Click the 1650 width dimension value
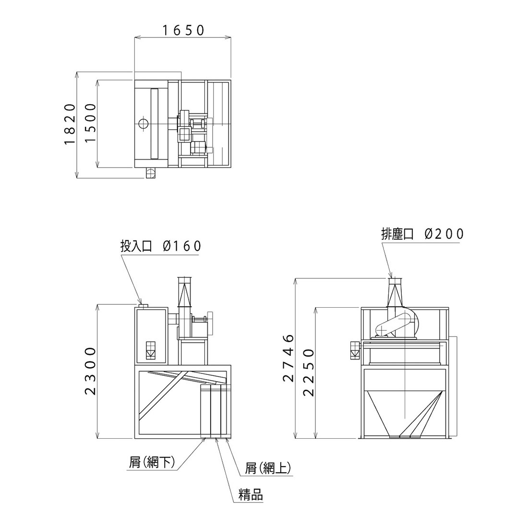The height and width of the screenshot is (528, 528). (184, 31)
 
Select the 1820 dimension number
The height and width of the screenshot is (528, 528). (70, 124)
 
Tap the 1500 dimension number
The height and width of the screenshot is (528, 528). (91, 123)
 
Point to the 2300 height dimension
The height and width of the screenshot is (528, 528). (91, 371)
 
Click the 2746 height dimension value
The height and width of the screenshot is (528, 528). (288, 358)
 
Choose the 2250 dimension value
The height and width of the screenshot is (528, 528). (309, 372)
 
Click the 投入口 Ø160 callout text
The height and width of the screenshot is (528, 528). (161, 246)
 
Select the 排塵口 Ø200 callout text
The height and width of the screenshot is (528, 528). (422, 234)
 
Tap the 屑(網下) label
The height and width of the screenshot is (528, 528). (152, 462)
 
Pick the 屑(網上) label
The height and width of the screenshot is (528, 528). (268, 468)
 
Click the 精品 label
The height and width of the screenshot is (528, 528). (251, 495)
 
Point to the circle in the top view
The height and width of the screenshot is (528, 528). (143, 123)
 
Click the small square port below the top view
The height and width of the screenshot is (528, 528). (151, 173)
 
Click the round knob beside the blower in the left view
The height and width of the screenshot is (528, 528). (211, 323)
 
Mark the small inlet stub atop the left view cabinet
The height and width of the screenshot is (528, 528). (144, 306)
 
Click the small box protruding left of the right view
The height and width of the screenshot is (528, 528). (355, 350)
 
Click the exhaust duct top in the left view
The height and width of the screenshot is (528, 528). (184, 280)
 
